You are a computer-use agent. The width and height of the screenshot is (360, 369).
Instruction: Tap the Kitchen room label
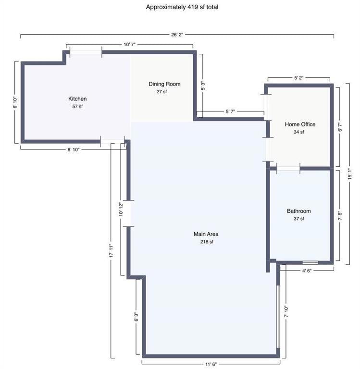[77, 99]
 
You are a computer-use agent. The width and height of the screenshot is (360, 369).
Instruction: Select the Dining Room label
[164, 84]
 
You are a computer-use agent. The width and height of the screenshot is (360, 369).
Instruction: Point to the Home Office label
[300, 124]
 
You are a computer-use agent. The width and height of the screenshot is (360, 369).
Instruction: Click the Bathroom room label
[298, 211]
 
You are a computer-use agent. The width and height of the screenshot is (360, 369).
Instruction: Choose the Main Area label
[206, 234]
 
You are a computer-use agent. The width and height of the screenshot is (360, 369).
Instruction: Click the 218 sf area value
[206, 242]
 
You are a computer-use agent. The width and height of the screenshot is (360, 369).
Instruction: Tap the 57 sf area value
[77, 106]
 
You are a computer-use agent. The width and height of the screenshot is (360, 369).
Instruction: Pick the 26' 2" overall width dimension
[177, 35]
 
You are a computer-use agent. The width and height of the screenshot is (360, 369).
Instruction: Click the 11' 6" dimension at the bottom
[210, 364]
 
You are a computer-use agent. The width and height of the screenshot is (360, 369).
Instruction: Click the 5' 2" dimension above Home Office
[298, 77]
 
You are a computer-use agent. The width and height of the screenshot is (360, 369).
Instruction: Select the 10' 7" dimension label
[130, 44]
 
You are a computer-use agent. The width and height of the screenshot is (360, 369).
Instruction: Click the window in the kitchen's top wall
[86, 52]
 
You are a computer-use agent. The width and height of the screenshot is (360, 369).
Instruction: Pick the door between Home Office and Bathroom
[288, 168]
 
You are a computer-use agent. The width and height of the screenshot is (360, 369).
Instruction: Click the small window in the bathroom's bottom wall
[310, 262]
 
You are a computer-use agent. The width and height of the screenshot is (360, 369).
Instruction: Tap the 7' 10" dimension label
[286, 312]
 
